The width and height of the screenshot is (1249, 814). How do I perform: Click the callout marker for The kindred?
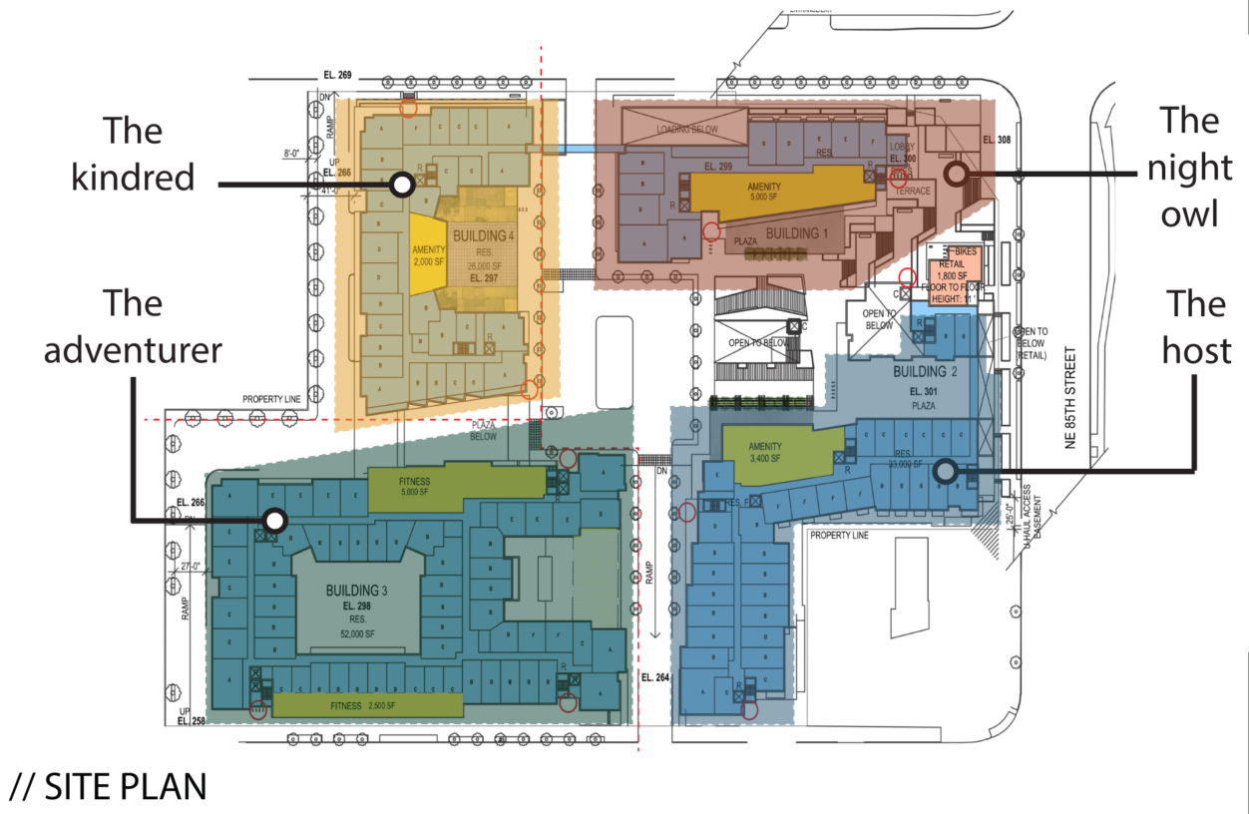tap(402, 185)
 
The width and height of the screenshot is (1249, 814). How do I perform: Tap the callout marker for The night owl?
tap(955, 174)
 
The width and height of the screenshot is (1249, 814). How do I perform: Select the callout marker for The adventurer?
tap(275, 520)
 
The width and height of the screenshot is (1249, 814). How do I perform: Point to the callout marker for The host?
tap(944, 469)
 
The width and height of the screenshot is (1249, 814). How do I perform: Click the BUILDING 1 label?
tap(797, 233)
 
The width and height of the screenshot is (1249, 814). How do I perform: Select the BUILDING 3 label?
tap(356, 591)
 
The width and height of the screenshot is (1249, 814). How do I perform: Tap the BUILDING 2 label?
tap(926, 372)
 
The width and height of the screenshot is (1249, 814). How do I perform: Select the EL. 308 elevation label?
tap(997, 140)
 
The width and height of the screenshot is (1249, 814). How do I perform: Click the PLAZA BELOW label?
tap(486, 430)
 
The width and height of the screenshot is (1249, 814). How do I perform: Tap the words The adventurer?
tap(133, 327)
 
